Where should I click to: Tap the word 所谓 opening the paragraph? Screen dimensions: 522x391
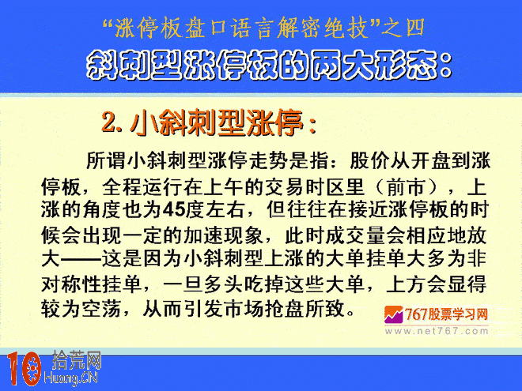(106, 160)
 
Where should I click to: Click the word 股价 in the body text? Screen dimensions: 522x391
(369, 160)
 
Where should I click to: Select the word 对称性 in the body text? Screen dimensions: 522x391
(71, 284)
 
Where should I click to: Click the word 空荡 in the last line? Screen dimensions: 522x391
(101, 309)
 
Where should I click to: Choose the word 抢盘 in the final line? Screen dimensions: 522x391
(284, 309)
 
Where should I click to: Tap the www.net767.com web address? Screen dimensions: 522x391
(437, 331)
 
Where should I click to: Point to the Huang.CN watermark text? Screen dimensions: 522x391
(70, 378)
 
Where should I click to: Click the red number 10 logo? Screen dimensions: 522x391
(24, 369)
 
